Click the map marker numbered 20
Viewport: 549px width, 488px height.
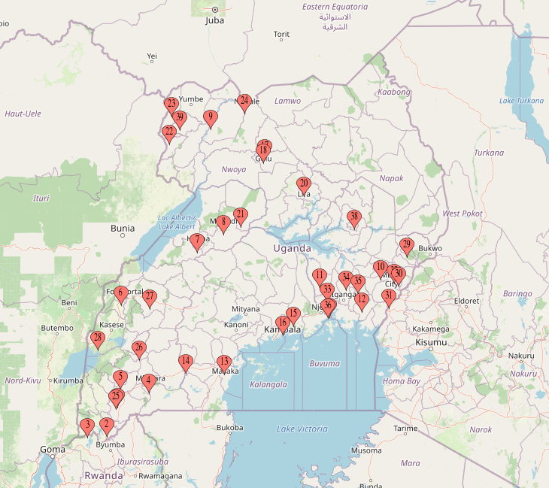pyautogui.click(x=304, y=183)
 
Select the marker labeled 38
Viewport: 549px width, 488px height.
pyautogui.click(x=354, y=217)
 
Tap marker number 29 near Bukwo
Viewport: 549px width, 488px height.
pyautogui.click(x=407, y=244)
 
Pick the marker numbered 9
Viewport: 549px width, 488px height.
pyautogui.click(x=210, y=117)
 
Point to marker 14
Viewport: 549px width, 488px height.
pyautogui.click(x=186, y=362)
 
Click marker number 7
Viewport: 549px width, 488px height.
pyautogui.click(x=197, y=241)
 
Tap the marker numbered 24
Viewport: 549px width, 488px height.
pyautogui.click(x=244, y=101)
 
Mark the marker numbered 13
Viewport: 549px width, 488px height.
pyautogui.click(x=223, y=362)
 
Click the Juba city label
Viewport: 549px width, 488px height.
pyautogui.click(x=214, y=21)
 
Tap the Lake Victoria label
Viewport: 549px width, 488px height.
pyautogui.click(x=302, y=429)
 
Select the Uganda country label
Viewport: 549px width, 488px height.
pyautogui.click(x=292, y=248)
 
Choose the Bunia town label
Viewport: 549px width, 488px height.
pyautogui.click(x=123, y=229)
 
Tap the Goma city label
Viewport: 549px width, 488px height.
pyautogui.click(x=53, y=449)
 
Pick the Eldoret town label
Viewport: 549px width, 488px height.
pyautogui.click(x=467, y=301)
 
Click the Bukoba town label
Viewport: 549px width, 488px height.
pyautogui.click(x=230, y=428)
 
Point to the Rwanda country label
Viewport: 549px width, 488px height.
pyautogui.click(x=103, y=476)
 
